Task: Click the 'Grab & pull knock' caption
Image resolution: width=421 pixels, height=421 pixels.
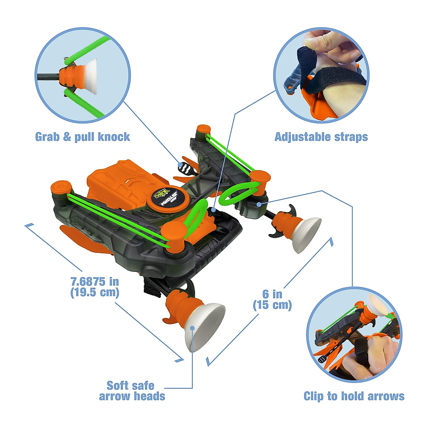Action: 82,137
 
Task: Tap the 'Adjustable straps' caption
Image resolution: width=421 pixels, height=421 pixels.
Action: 321,137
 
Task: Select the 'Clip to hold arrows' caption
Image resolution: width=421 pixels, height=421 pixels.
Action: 354,396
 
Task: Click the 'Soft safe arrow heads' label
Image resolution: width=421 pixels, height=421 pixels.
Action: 132,391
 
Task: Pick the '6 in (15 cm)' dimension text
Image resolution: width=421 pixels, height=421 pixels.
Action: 272,299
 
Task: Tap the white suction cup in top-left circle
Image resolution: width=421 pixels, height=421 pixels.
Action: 90,76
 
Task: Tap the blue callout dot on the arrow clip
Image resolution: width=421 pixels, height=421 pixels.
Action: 259,204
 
